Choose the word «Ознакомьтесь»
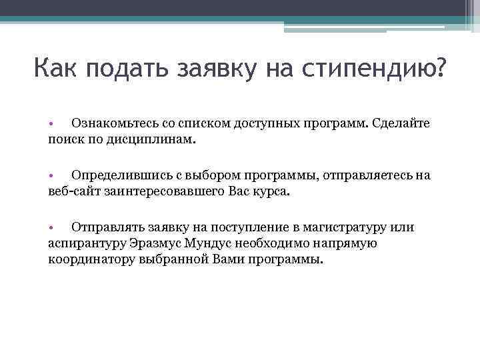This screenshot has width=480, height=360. click(x=115, y=124)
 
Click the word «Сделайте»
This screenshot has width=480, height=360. click(x=401, y=124)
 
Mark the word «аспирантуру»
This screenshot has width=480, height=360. click(x=83, y=243)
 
